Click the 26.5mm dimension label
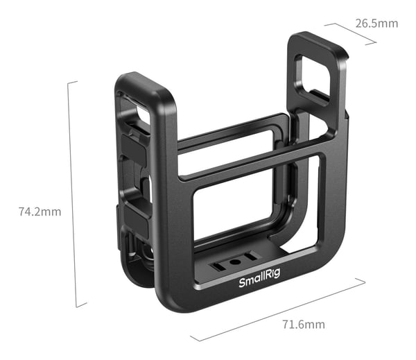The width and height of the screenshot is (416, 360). (x=376, y=24)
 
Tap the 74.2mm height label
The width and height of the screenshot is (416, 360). (x=40, y=212)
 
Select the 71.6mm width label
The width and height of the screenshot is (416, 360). (x=304, y=325)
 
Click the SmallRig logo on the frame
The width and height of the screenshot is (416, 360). (x=259, y=278)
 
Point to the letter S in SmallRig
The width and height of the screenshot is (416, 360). (x=242, y=283)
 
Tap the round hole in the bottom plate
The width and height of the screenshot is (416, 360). (x=235, y=262)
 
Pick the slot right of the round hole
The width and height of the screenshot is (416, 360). (x=251, y=257)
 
